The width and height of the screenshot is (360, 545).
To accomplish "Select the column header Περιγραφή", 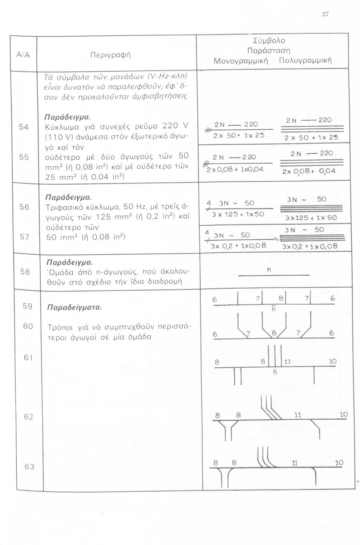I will coord(110,55).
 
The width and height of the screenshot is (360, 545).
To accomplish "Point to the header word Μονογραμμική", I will coord(240,60).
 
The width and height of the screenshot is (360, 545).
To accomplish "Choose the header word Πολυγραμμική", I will coord(305,60).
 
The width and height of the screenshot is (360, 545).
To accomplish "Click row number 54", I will coord(24,127).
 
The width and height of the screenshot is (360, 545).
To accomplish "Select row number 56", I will coord(24,207).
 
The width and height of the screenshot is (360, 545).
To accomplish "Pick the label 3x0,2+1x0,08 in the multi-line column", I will coord(310,246).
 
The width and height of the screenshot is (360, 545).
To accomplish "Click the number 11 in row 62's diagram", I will coord(298,415).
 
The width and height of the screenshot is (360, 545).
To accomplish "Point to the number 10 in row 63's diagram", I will coord(339,463).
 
